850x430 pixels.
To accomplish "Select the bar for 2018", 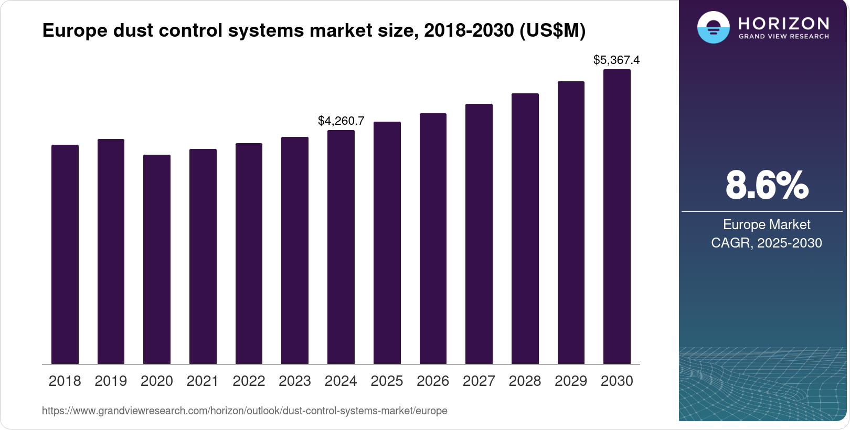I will pos(65,254).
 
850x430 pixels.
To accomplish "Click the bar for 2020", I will pos(157,260).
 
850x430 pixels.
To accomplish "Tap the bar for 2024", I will pos(341,247).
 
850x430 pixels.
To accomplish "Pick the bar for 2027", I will pos(479,234).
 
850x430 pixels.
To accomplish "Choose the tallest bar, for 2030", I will pos(617,217).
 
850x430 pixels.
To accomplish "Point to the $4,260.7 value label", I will pos(341,121).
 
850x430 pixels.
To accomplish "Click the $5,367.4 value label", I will pos(617,60).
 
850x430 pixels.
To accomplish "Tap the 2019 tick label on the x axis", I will pos(111,381).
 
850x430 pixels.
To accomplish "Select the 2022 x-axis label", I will pos(249,381).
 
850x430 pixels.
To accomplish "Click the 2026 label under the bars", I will pos(433,381).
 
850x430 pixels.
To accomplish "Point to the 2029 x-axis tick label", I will pos(571,381).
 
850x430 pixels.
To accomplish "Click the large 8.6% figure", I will pos(767,185).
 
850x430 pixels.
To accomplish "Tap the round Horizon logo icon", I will pos(713,27).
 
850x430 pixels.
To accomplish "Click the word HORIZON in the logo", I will pos(784,23).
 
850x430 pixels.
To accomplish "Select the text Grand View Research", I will pos(784,37).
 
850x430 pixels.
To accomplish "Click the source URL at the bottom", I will pos(245,411).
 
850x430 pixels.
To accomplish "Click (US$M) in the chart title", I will pos(552,31).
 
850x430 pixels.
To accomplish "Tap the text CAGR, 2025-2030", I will pos(767,243).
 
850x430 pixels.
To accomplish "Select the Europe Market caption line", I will pos(767,225).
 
